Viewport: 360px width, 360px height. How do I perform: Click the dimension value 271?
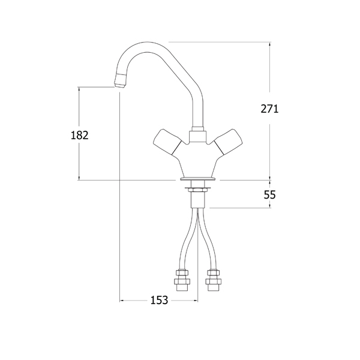click(269, 109)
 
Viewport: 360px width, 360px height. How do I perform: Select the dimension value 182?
click(79, 135)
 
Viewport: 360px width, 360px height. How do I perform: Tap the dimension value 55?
click(269, 195)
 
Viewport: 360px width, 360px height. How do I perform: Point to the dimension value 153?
click(159, 300)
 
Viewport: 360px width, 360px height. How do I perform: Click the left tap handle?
click(167, 142)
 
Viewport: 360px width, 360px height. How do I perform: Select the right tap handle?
click(228, 142)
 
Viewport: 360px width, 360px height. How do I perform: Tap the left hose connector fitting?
click(182, 280)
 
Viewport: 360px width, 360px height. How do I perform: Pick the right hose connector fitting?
click(214, 280)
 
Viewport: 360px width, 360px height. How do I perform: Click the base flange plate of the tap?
click(197, 179)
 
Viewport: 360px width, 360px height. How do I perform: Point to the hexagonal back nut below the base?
click(197, 190)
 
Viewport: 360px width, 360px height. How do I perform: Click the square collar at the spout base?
click(197, 136)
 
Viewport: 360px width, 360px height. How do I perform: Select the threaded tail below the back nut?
click(197, 200)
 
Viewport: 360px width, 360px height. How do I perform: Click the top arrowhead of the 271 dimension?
click(270, 44)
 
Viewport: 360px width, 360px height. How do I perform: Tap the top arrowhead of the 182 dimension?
click(79, 89)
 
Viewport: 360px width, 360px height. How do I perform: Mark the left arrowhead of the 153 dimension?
click(122, 300)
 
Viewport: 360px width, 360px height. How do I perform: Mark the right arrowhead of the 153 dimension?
click(195, 300)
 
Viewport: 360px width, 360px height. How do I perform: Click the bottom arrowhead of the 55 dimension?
click(270, 206)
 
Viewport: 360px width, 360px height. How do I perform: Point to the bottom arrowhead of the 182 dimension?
click(79, 178)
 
